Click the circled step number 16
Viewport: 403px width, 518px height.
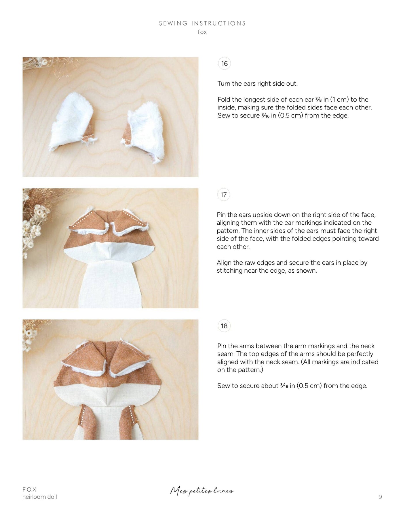(225, 63)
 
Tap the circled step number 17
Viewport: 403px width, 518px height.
(224, 195)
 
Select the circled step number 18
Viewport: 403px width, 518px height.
(224, 326)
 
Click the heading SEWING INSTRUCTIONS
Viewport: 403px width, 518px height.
(202, 23)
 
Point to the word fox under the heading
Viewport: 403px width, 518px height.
(202, 32)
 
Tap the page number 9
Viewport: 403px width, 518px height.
(380, 497)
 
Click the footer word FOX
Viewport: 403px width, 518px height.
(30, 489)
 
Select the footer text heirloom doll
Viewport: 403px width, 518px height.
(40, 497)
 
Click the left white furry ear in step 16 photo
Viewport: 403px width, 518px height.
(71, 121)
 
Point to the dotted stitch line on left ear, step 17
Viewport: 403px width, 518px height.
(82, 220)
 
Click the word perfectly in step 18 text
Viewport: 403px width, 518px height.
(360, 354)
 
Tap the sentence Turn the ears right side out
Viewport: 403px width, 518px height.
(257, 84)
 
